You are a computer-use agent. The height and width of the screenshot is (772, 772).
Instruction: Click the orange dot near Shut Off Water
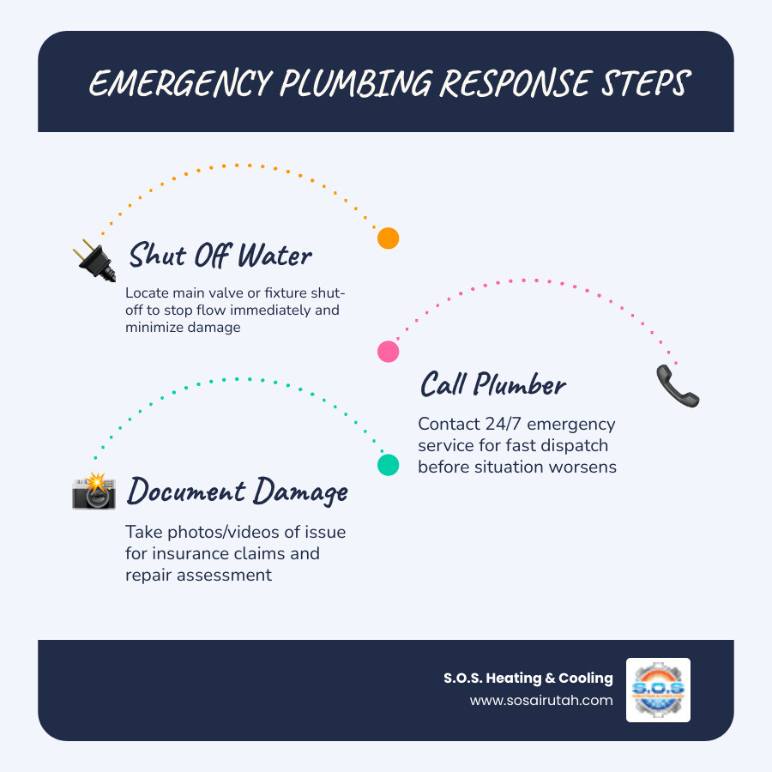click(x=389, y=238)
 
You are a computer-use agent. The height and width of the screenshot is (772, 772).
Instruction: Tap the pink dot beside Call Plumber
click(x=389, y=351)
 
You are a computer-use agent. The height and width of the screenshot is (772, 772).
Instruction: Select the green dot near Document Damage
click(x=389, y=465)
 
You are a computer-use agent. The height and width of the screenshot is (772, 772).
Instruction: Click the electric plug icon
click(x=96, y=260)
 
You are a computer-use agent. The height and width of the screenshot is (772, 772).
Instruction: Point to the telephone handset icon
click(x=677, y=386)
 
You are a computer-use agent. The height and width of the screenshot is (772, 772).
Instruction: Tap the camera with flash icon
click(x=93, y=491)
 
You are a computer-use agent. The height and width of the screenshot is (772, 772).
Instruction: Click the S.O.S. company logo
click(x=658, y=690)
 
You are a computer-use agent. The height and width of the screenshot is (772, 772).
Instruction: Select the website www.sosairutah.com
click(x=541, y=700)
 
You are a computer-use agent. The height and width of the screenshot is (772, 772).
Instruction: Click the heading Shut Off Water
click(x=220, y=256)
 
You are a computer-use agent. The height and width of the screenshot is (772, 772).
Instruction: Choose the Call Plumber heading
click(x=492, y=385)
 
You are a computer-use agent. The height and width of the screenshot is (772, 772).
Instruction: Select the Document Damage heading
click(x=238, y=492)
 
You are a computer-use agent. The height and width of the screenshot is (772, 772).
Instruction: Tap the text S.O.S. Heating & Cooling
click(x=528, y=678)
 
